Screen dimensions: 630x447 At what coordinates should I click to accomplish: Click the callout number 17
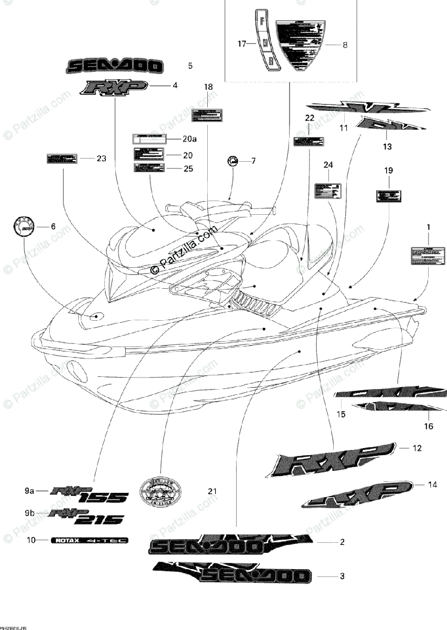241,44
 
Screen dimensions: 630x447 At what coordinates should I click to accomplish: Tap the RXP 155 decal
89,494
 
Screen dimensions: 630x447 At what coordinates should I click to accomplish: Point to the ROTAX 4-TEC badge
90,540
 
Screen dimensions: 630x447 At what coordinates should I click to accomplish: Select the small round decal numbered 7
233,161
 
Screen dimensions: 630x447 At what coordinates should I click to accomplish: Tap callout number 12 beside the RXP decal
417,448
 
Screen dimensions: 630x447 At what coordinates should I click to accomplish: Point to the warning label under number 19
388,196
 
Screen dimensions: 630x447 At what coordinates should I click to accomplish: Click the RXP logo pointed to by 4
113,87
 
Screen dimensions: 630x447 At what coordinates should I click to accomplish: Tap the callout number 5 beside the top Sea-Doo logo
190,66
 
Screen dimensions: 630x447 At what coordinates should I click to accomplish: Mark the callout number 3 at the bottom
342,576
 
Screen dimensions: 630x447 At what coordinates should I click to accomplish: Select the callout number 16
429,426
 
